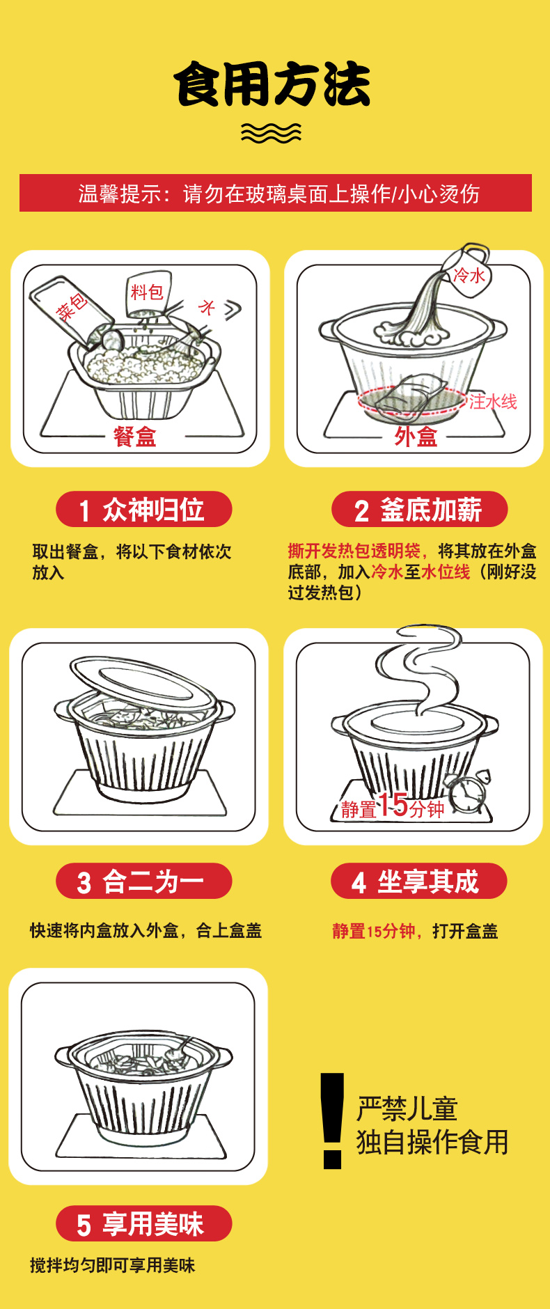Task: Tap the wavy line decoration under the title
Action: [x=271, y=132]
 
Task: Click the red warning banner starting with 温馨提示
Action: [x=276, y=193]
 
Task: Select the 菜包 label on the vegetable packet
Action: [x=72, y=306]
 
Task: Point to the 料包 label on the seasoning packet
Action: [x=147, y=292]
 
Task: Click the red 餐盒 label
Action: [x=135, y=437]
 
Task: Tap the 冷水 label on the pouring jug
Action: [x=469, y=275]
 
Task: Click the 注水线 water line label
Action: [x=493, y=402]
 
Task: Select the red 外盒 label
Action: [x=416, y=437]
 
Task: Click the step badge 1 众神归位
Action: [x=143, y=510]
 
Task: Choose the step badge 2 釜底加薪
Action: [x=419, y=510]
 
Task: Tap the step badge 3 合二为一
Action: [x=143, y=881]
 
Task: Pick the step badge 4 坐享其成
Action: [x=418, y=881]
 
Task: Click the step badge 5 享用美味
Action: [x=143, y=1223]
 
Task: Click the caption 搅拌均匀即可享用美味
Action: [x=113, y=1265]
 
